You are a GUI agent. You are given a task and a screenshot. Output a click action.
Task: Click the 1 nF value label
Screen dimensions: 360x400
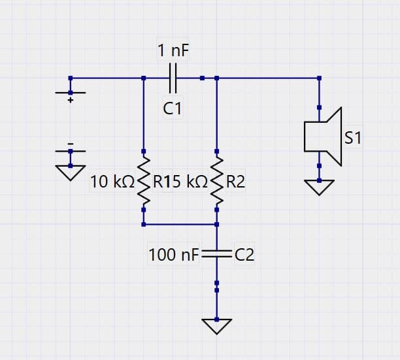(173, 50)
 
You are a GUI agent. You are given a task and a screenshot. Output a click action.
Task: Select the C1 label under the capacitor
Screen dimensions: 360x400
(173, 108)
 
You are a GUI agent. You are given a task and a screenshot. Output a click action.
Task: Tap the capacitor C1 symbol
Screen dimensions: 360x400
(173, 78)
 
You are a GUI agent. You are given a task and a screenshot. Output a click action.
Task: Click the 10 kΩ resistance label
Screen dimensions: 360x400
(112, 182)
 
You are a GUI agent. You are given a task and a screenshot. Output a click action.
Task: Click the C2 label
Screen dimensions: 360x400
(243, 255)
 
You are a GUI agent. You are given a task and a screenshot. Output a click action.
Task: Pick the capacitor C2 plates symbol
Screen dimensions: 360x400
(216, 255)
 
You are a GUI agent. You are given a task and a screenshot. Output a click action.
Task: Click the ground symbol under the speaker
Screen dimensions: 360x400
(319, 188)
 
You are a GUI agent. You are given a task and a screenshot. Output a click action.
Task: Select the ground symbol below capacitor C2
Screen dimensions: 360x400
(216, 325)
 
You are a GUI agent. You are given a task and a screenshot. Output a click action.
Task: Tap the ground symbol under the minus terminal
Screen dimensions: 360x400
(70, 171)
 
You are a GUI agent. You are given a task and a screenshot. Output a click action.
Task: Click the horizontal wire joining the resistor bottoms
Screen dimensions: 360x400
(180, 224)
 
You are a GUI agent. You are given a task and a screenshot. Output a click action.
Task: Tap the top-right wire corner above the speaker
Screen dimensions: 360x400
(319, 78)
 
